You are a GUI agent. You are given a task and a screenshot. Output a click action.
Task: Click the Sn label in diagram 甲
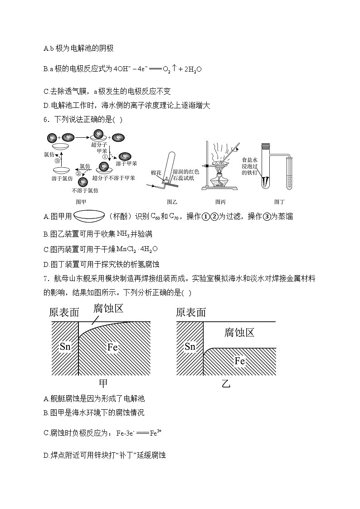click(65, 347)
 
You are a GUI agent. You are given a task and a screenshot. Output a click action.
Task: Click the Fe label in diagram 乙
click(240, 361)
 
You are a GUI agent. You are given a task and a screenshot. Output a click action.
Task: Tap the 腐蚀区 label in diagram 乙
click(239, 333)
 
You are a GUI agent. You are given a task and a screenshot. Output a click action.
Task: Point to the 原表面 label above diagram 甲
click(64, 312)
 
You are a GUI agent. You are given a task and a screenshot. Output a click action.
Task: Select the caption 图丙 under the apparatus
click(221, 202)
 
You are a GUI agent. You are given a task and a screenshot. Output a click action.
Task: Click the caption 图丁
click(279, 202)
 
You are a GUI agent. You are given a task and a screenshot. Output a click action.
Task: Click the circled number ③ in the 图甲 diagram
click(57, 160)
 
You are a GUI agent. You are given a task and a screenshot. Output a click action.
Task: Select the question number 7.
click(46, 277)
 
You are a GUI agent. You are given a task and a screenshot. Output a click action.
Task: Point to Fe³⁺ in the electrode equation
click(156, 433)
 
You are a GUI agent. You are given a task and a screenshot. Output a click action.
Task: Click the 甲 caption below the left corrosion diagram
click(103, 383)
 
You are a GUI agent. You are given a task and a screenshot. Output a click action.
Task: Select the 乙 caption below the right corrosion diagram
click(226, 384)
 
